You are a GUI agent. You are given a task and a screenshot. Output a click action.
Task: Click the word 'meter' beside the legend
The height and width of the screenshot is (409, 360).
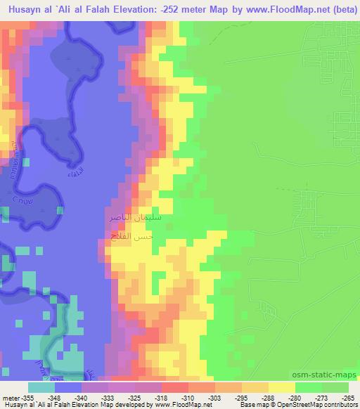click(9, 397)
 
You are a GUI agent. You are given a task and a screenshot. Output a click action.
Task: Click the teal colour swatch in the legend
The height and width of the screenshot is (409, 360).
click(41, 387)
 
